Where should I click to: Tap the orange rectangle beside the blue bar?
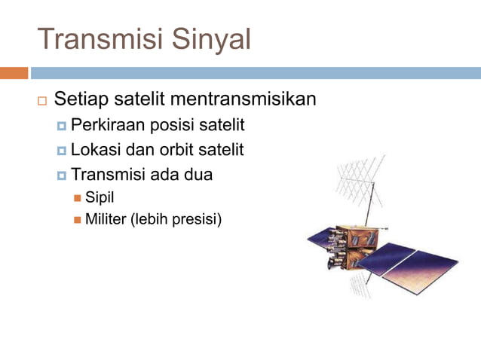tap(14, 73)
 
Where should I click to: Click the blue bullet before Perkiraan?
tap(62, 125)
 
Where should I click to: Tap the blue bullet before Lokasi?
tap(62, 151)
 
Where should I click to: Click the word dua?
tap(197, 175)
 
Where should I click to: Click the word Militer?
tap(106, 220)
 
